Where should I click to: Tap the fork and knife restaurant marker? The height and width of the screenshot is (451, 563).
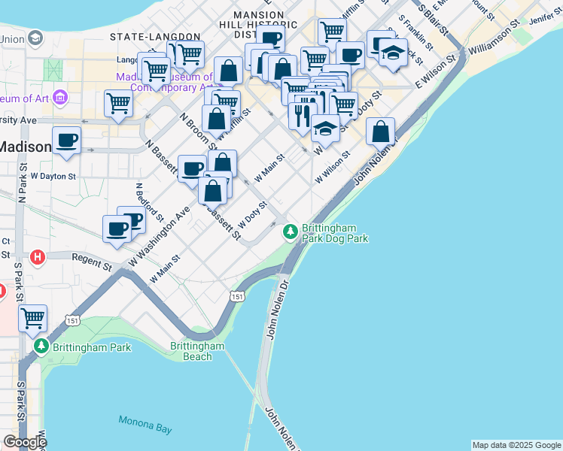coord(302,115)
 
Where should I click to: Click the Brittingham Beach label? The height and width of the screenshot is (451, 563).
coord(197,351)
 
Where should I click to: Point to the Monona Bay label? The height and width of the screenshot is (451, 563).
coord(145,424)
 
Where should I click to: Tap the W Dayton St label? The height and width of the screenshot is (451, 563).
coord(53,176)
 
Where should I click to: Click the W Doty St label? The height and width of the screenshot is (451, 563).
coord(252,215)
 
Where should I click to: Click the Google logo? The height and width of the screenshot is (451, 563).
coord(24,442)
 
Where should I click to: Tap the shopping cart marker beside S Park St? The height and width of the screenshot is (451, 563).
coord(33,319)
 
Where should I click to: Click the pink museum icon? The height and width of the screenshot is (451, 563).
coord(61,98)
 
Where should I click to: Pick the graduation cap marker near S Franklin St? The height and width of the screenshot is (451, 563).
coord(392,53)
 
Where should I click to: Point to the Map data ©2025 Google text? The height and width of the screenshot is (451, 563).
coord(516,445)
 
